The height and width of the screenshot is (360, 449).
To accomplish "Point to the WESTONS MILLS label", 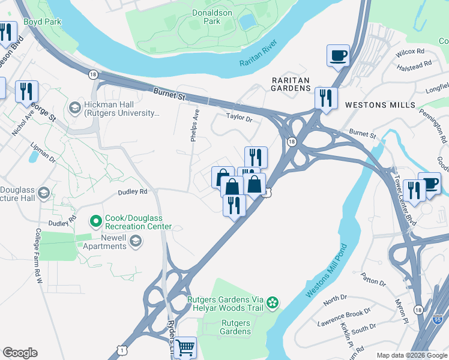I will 379,105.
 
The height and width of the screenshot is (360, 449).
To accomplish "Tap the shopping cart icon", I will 185,346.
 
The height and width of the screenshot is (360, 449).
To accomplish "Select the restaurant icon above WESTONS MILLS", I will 326,97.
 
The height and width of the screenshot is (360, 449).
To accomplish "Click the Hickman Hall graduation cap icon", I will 75,108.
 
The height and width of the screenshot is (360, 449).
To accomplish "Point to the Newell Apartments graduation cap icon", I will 136,242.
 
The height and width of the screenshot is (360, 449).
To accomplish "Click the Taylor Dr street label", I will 239,117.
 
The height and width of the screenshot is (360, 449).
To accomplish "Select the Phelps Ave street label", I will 194,125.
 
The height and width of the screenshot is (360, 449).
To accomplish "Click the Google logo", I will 20,353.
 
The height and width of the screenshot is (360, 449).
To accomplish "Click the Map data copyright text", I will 411,355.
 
